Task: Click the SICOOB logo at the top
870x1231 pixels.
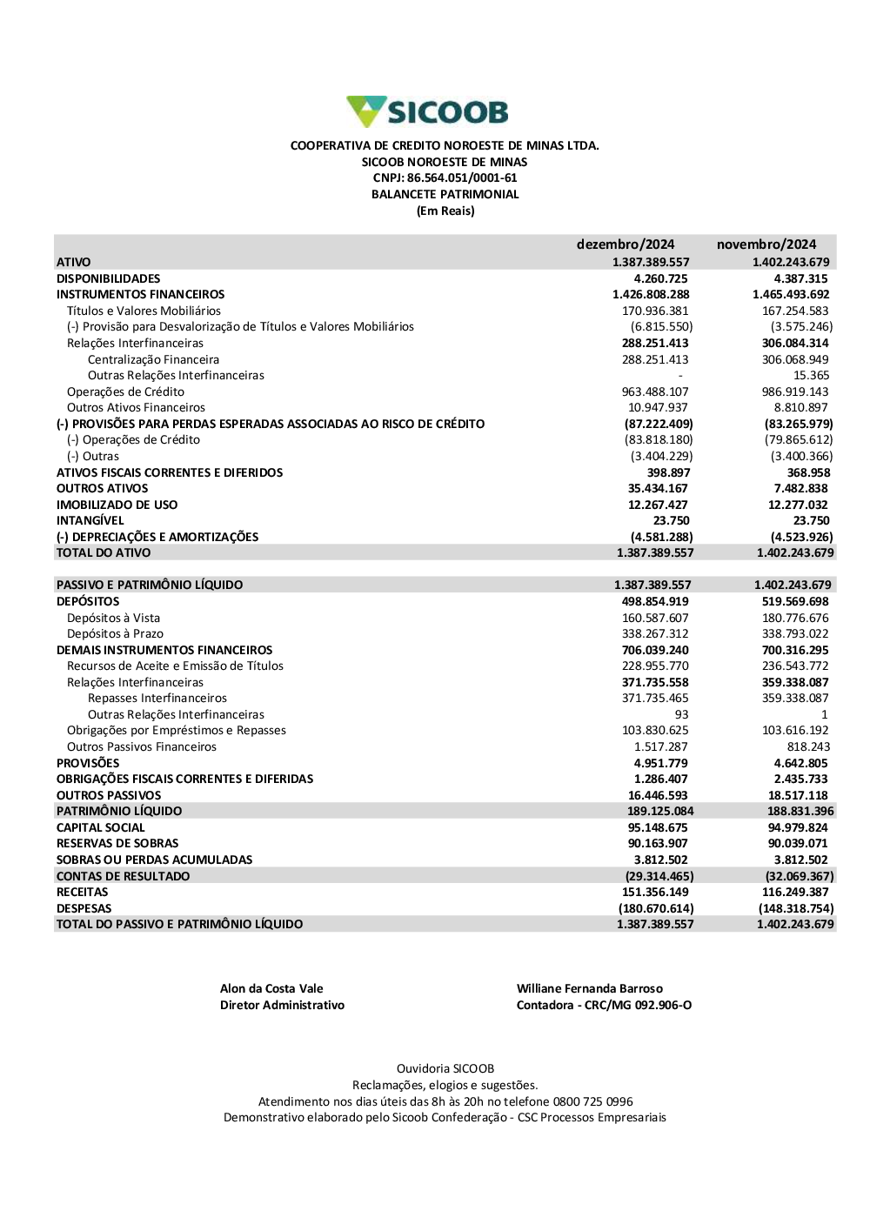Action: pos(427,112)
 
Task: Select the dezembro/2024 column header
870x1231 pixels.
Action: pos(625,244)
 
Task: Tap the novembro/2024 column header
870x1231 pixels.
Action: pos(766,244)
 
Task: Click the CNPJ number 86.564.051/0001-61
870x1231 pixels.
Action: pos(462,178)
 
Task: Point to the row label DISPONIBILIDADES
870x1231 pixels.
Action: pos(109,278)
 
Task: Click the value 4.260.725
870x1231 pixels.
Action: pos(660,278)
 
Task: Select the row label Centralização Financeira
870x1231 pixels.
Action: pos(153,359)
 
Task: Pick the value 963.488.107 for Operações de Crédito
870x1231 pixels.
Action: pos(655,391)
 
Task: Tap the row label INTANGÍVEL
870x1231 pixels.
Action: pos(90,521)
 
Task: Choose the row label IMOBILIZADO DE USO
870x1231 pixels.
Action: pos(117,505)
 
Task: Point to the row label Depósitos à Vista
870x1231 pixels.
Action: pos(113,618)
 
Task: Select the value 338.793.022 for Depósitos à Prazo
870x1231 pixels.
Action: pos(795,634)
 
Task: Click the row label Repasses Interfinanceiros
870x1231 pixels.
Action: pos(157,699)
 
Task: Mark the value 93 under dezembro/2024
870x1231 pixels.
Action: pos(681,715)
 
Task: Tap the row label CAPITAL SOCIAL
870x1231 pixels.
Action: pos(101,828)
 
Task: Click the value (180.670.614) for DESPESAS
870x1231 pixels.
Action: pos(656,909)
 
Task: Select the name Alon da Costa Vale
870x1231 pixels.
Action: pos(271,989)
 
